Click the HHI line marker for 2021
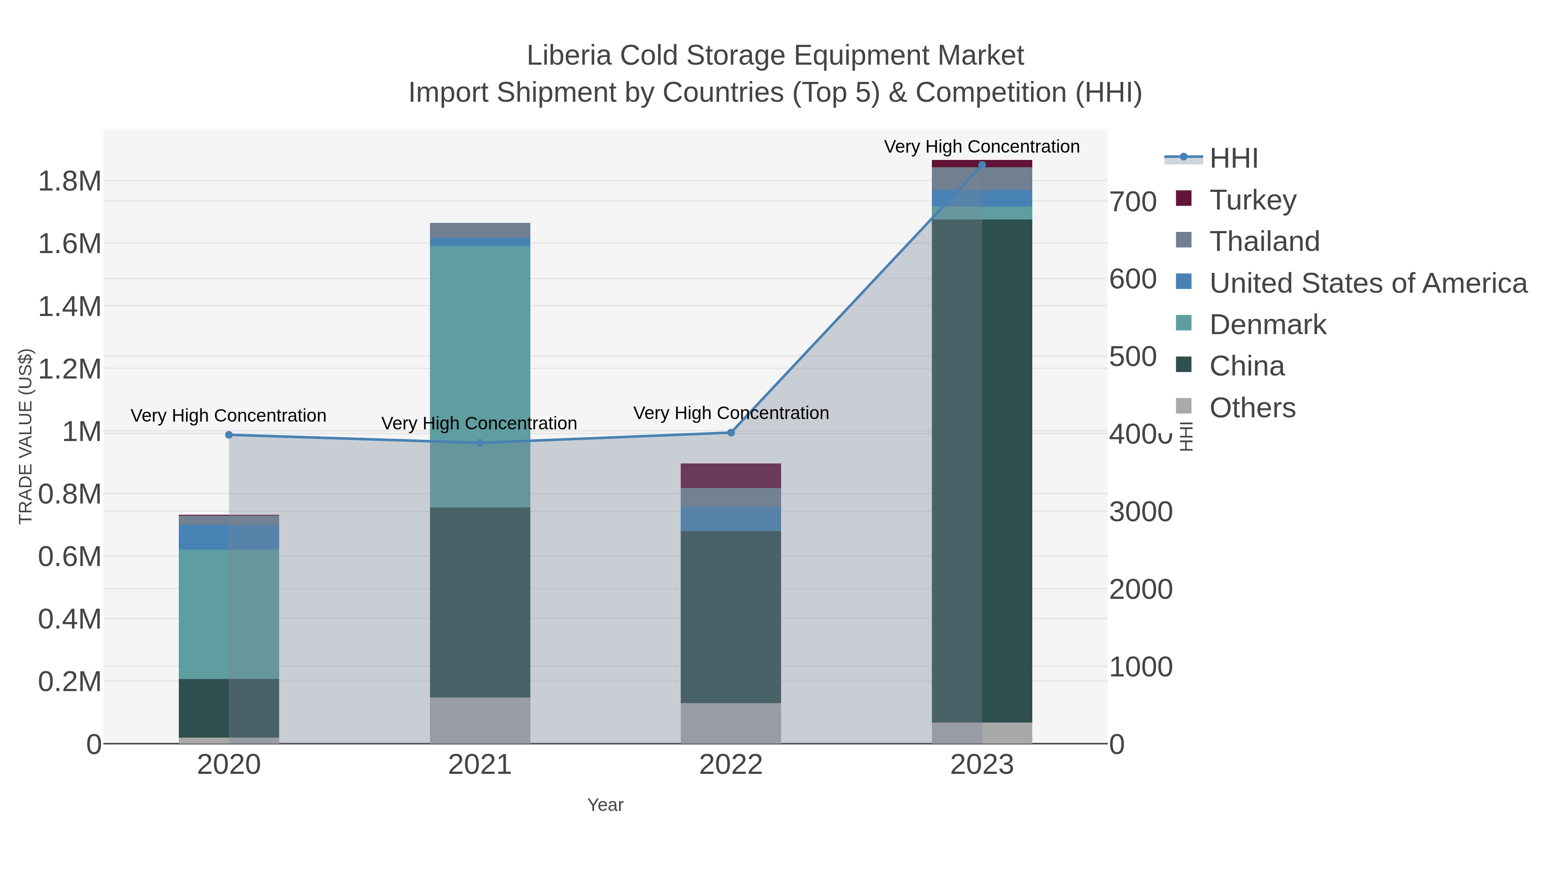coord(480,443)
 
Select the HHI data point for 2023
coord(982,165)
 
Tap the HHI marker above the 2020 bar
coord(229,435)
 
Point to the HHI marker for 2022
coord(731,432)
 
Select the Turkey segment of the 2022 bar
coord(731,476)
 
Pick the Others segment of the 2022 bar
coord(731,723)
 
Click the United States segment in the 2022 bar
coord(731,519)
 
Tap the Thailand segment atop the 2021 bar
coord(480,230)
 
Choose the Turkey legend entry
coord(1252,200)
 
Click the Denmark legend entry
coord(1268,325)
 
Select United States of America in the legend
coord(1367,283)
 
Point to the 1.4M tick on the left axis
coord(70,307)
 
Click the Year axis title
coord(605,805)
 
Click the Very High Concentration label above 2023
coord(981,147)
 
